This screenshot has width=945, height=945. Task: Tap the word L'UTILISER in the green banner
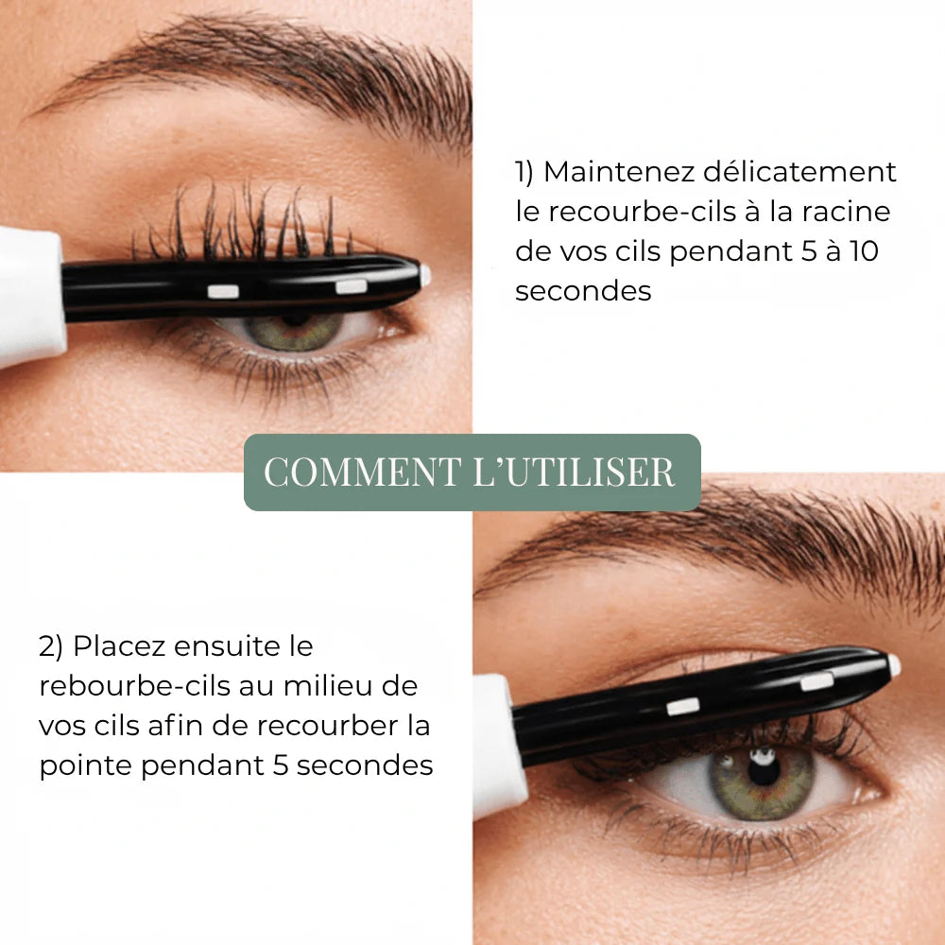[573, 472]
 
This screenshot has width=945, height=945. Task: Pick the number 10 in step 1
[877, 251]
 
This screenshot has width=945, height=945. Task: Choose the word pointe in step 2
[86, 765]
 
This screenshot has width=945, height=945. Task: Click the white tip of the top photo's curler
[425, 275]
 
